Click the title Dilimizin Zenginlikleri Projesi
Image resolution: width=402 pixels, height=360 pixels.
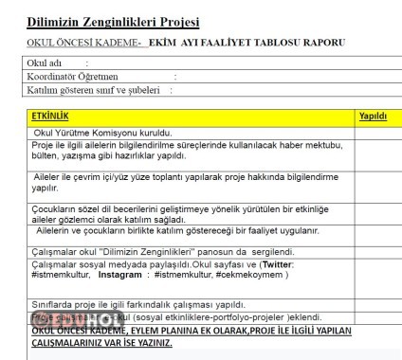coord(112,21)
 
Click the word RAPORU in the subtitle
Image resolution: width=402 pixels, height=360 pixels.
coord(320,42)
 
